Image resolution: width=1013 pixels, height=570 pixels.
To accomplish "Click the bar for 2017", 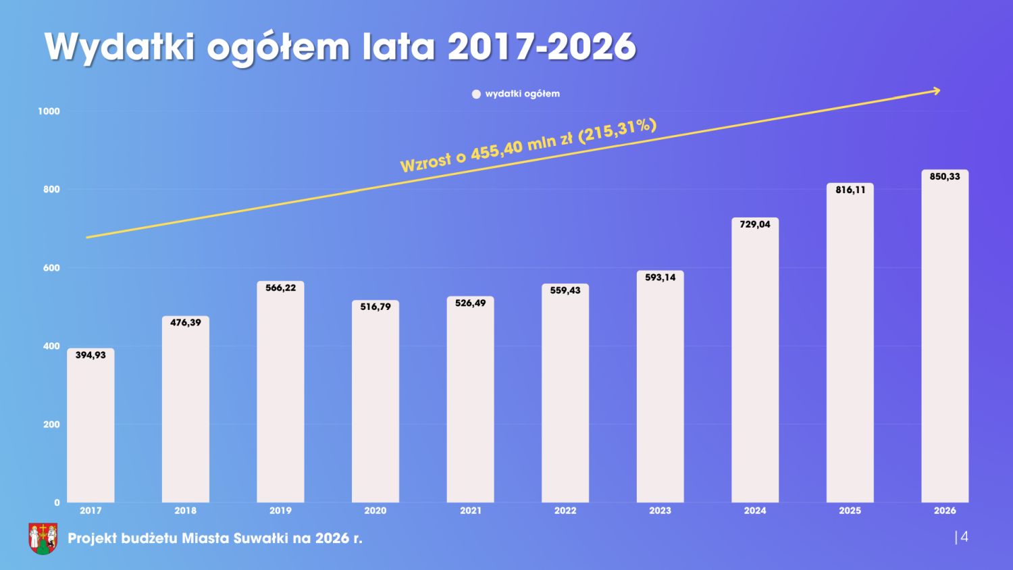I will pos(90,425).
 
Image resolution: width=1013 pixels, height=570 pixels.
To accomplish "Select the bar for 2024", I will pos(755,361).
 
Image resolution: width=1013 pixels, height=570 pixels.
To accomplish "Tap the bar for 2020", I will pos(375,402).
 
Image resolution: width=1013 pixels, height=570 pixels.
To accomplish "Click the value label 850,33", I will pos(945,177).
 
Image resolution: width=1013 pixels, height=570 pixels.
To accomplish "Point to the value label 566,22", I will pos(280,288).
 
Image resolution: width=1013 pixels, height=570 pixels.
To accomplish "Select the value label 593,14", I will pos(660,278).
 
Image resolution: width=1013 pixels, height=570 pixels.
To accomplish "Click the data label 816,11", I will pos(850,190).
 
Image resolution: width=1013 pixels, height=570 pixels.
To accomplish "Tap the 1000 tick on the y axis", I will pos(49,111).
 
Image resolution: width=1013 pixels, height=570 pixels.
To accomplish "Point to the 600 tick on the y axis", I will pos(51,268).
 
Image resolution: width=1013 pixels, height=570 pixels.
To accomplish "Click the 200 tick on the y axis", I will pos(51,425).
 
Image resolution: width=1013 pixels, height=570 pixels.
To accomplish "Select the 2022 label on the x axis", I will pos(565,511).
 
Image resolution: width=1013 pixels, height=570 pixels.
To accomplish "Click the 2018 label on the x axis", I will pos(186,511).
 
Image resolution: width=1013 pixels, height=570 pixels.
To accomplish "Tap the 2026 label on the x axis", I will pos(945,511).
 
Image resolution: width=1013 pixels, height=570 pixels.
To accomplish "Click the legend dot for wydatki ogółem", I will pos(476,94).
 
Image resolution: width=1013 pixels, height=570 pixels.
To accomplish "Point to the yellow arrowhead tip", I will pos(939,90).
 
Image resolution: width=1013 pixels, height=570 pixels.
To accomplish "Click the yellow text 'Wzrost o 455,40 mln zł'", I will pos(486,151).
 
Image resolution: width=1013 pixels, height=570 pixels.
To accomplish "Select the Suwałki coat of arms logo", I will pos(43,538).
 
